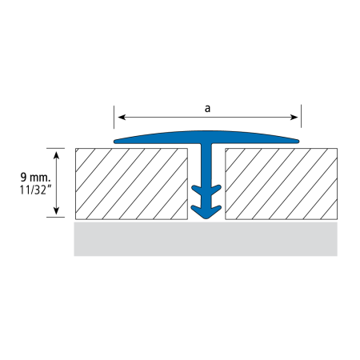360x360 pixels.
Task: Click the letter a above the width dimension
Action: coord(207,109)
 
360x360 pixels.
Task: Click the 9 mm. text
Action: coord(35,177)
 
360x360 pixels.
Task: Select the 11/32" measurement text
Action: coord(35,190)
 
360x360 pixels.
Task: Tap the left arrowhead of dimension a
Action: coord(122,117)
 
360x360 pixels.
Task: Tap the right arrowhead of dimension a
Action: coord(294,117)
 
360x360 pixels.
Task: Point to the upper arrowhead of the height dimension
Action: coord(56,155)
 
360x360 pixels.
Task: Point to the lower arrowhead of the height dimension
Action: coord(56,210)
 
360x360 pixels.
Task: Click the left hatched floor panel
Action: coord(131,184)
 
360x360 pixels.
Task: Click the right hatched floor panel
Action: coord(282,184)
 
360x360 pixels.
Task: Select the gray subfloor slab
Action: coord(206,239)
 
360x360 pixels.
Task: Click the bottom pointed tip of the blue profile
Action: coord(206,219)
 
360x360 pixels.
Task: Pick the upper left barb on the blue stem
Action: coord(197,190)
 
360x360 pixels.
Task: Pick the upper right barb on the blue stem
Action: coord(216,190)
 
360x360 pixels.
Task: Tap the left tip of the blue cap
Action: coord(114,142)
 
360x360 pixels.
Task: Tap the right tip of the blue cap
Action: coord(298,142)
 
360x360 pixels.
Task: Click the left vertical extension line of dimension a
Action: coord(114,117)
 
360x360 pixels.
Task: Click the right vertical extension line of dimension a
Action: coord(301,116)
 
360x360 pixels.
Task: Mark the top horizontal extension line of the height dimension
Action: coord(55,148)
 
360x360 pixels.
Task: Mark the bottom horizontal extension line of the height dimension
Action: coord(55,217)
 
